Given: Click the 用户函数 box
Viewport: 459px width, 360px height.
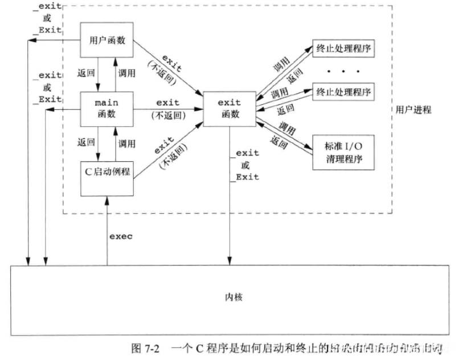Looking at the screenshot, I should pyautogui.click(x=107, y=40).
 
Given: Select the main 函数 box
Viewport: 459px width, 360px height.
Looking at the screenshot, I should pyautogui.click(x=107, y=107).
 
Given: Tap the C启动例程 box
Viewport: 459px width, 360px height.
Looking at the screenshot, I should pyautogui.click(x=107, y=170).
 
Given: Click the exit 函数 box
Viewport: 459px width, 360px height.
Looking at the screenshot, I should pyautogui.click(x=229, y=107).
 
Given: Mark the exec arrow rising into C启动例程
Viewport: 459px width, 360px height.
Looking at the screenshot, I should pyautogui.click(x=106, y=228).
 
